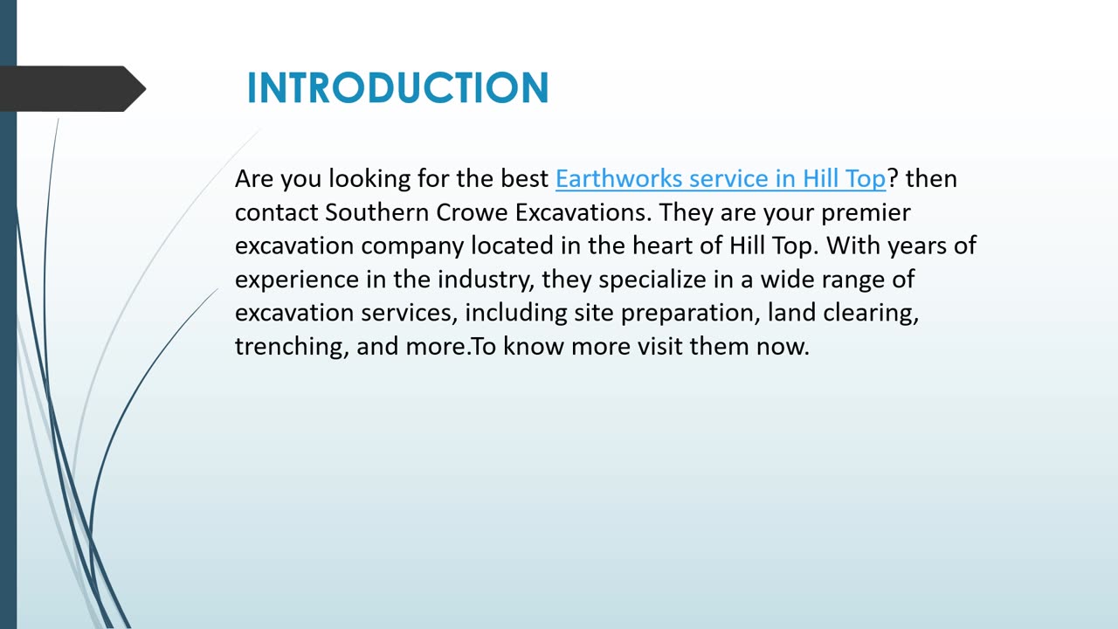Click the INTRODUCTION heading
(x=397, y=88)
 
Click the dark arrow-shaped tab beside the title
(x=72, y=88)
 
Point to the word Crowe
(x=473, y=212)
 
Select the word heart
(x=662, y=245)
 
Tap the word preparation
(x=690, y=314)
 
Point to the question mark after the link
(x=893, y=178)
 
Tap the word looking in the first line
(x=369, y=180)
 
